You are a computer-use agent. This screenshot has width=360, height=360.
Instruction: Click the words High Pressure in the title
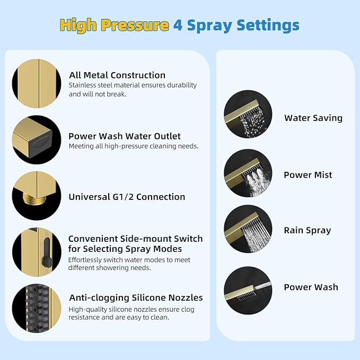pos(114,25)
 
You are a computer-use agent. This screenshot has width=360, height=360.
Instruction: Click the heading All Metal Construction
pos(117,75)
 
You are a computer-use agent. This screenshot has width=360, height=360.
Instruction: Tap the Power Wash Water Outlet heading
pos(125,136)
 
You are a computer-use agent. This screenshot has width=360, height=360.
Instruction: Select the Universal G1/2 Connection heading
pos(127,197)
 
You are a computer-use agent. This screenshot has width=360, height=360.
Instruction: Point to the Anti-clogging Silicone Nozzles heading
pos(136,297)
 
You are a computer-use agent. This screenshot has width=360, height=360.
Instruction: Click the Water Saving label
pos(313,118)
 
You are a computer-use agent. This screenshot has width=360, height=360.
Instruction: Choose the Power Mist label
pos(308,175)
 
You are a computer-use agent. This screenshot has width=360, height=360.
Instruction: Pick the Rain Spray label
pos(308,230)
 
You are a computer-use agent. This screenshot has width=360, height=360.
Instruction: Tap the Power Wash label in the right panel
pos(311,287)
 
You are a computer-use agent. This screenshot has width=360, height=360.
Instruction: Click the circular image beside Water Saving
pos(248,115)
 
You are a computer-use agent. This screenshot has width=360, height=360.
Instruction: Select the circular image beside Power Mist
pos(248,173)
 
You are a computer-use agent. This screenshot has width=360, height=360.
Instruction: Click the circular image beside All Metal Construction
pos(37,83)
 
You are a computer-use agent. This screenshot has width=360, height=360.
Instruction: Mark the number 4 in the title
pos(179,25)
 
